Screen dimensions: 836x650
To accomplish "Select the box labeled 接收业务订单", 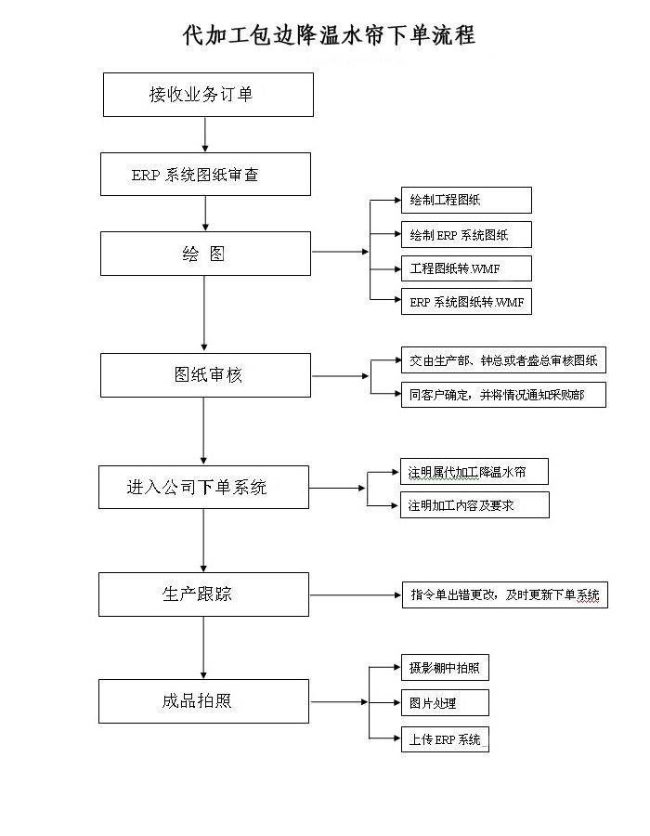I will (207, 95).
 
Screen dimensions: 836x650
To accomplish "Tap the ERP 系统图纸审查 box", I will (205, 175).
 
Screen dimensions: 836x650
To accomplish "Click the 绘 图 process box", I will (205, 254).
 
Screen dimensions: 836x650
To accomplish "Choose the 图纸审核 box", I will (205, 375).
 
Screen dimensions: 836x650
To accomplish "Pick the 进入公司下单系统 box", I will (203, 487).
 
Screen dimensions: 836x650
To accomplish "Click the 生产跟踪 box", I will (203, 594).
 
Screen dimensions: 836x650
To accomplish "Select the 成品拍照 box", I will (203, 701).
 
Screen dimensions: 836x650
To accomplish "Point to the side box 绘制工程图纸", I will (466, 201).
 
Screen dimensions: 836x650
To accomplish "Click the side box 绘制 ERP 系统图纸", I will (466, 234).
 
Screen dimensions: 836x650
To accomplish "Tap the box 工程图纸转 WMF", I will (466, 268).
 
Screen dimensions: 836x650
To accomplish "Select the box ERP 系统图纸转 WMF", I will (466, 302).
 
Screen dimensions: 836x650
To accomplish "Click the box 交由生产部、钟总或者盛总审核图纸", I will (503, 360).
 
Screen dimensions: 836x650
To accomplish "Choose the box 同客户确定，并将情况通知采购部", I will (503, 394).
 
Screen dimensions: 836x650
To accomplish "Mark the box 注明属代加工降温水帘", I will (474, 472).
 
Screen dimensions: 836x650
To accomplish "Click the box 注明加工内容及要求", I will (474, 505).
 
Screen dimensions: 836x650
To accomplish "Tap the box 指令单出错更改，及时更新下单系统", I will (504, 594).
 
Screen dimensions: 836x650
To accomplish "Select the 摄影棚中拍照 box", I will (444, 668).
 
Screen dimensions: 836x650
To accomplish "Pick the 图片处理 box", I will (444, 702).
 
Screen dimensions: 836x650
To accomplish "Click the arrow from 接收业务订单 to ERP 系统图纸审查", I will (205, 135).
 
